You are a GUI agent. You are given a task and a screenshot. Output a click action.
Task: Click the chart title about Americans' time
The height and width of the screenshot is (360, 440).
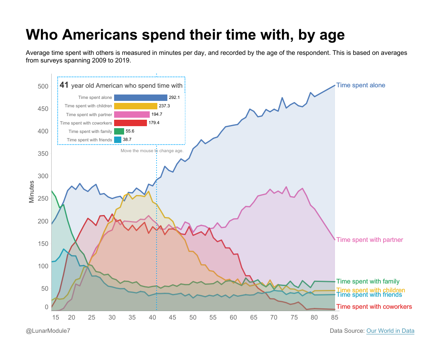(185, 35)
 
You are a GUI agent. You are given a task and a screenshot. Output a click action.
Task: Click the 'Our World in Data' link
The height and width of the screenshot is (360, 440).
(390, 331)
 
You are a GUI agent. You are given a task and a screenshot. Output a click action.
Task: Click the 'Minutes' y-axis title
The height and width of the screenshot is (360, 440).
(32, 191)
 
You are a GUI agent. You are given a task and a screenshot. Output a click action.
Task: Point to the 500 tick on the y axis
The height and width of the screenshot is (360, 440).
(43, 86)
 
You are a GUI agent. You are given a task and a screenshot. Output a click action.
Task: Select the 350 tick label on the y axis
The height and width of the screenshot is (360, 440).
(43, 154)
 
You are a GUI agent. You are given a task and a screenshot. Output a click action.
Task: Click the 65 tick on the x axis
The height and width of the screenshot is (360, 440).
(253, 317)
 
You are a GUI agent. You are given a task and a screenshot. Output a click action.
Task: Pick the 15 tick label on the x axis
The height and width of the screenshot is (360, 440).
(56, 317)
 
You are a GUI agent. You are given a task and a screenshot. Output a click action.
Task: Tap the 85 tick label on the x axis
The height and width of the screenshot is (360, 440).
(334, 317)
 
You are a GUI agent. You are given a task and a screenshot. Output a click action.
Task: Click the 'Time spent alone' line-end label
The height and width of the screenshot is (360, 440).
(360, 85)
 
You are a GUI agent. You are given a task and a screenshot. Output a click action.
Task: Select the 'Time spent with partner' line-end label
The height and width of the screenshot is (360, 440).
(369, 240)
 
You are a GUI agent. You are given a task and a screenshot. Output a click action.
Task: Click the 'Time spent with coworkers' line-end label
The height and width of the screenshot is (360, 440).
(374, 307)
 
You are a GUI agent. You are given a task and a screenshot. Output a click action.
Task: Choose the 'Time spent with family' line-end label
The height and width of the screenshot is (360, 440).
(368, 282)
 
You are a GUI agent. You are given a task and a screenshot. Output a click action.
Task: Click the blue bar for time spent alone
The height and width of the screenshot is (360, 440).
(141, 97)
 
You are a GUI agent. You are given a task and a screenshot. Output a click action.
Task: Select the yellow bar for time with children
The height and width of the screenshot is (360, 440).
(135, 106)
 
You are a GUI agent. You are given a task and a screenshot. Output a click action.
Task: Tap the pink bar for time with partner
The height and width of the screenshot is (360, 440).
(132, 115)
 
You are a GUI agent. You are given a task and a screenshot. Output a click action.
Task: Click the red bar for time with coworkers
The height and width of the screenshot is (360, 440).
(130, 123)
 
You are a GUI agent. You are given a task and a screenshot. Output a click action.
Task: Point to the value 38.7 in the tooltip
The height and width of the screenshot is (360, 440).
(127, 140)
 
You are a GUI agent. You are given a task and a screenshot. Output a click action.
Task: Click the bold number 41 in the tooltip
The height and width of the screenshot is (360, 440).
(64, 85)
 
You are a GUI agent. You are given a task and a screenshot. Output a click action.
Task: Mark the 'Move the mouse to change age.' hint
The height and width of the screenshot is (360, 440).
(152, 151)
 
